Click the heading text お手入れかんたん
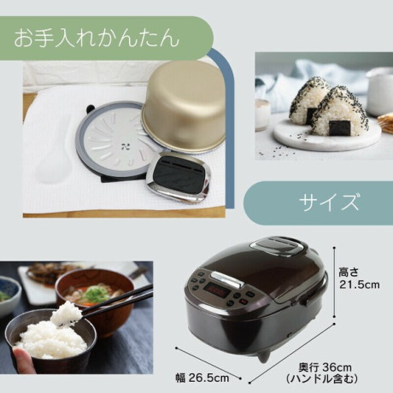point(97,38)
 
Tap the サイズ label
point(328,202)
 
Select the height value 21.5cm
point(360,284)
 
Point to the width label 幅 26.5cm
point(202,378)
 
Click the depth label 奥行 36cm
point(325,367)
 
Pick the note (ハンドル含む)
point(322,378)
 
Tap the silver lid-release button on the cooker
point(227,279)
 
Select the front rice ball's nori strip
point(340,127)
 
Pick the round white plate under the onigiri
point(327,135)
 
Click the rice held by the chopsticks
point(66,314)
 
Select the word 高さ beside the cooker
point(348,273)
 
